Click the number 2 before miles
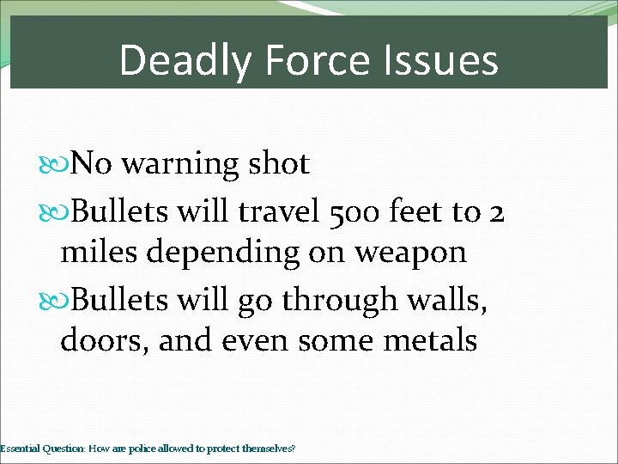[495, 209]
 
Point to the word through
[331, 299]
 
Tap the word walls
[438, 299]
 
